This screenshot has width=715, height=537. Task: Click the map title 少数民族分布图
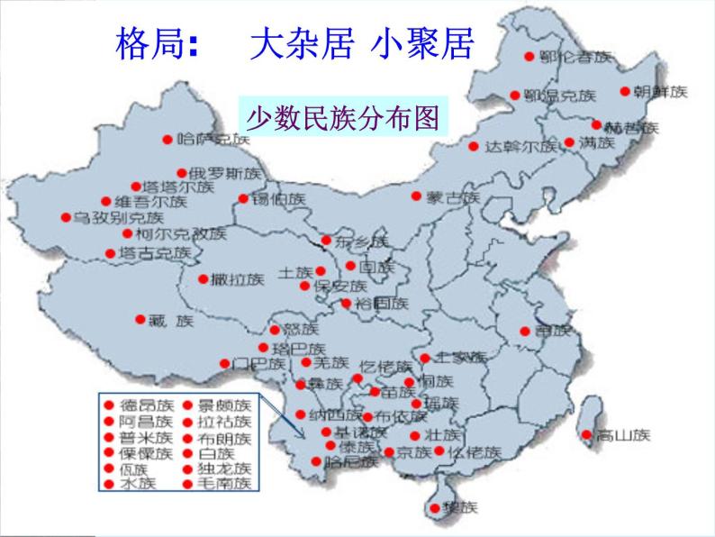[342, 116]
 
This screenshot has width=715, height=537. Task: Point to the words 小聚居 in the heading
[421, 42]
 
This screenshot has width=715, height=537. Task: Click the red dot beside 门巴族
[224, 364]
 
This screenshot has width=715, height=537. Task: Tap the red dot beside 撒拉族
[204, 278]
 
